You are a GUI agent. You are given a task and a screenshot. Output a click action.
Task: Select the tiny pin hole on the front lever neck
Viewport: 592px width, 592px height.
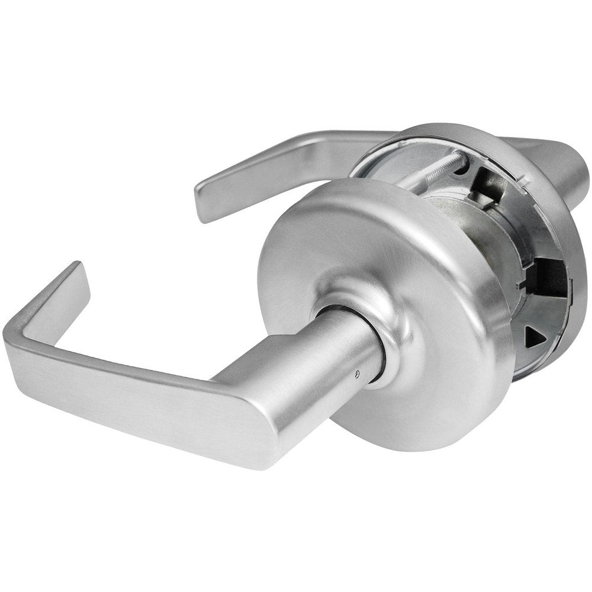click(x=356, y=374)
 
